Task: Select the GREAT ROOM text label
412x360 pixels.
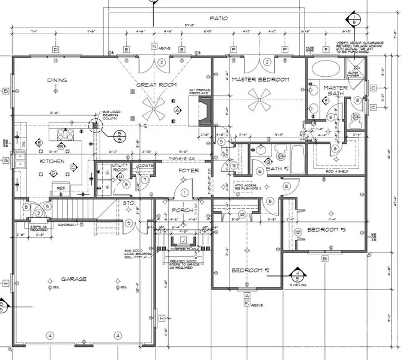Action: point(156,85)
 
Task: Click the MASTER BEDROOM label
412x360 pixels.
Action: point(261,79)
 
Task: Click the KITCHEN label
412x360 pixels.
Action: point(52,161)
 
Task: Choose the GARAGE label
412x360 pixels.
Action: point(73,279)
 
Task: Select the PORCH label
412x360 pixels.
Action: point(183,211)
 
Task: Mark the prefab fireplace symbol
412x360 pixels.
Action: point(203,111)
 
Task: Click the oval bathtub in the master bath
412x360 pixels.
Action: point(326,68)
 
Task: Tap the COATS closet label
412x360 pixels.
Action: point(146,166)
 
